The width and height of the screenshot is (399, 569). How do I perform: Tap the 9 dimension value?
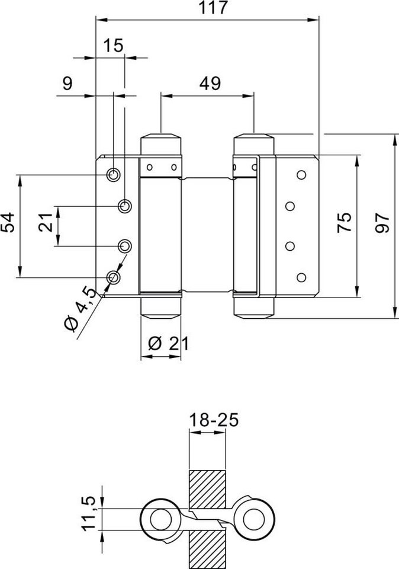67,84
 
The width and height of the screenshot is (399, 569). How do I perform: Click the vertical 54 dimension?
8,226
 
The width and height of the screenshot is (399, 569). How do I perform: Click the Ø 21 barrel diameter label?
162,344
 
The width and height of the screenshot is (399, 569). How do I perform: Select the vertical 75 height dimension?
345,226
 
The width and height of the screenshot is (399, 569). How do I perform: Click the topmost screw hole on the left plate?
113,174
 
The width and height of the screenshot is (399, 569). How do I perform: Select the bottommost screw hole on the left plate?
113,277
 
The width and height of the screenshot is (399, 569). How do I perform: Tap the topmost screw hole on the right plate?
301,175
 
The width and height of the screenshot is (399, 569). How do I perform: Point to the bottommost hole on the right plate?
301,277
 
